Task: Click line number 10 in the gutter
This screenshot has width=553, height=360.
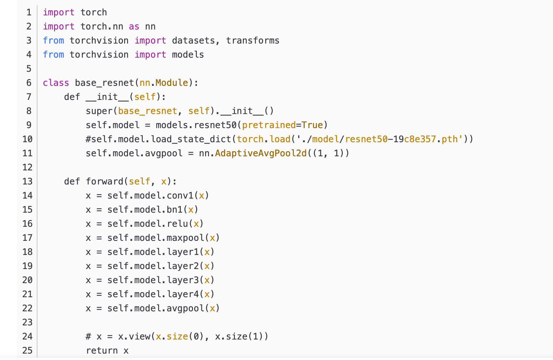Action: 28,139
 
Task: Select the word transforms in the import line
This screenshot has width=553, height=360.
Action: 252,41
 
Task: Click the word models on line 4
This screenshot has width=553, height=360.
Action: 188,55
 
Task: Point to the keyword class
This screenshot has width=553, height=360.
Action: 56,83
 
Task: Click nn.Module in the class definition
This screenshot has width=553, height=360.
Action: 164,83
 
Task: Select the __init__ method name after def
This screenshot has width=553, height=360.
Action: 107,97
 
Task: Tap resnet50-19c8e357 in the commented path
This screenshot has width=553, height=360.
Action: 390,139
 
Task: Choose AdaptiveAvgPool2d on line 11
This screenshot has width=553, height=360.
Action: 261,153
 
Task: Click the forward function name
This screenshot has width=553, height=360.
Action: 105,182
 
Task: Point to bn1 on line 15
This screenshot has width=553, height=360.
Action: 174,210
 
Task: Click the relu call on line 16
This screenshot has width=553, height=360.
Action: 177,224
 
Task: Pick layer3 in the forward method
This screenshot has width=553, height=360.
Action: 183,280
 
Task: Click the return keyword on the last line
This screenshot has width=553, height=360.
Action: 102,351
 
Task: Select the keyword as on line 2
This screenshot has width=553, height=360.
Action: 134,27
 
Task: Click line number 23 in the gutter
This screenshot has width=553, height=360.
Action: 28,322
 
